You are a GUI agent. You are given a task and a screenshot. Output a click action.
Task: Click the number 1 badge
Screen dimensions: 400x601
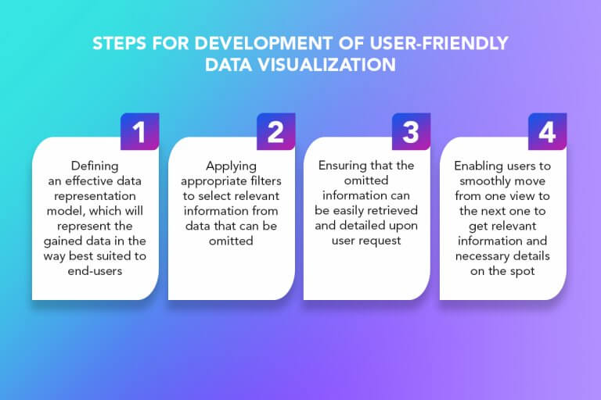pos(139,132)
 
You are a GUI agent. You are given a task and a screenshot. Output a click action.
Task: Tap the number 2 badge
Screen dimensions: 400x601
pos(275,132)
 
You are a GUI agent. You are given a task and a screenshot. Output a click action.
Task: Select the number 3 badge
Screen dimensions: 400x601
pos(411,132)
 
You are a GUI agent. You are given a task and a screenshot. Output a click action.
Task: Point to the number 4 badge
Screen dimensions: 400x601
pos(547,132)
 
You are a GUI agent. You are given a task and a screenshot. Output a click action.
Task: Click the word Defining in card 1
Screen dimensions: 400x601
pos(95,166)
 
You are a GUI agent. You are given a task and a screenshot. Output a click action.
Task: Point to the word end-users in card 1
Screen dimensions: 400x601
pos(95,270)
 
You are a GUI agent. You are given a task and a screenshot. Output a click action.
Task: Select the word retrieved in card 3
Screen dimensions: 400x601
pos(397,210)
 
